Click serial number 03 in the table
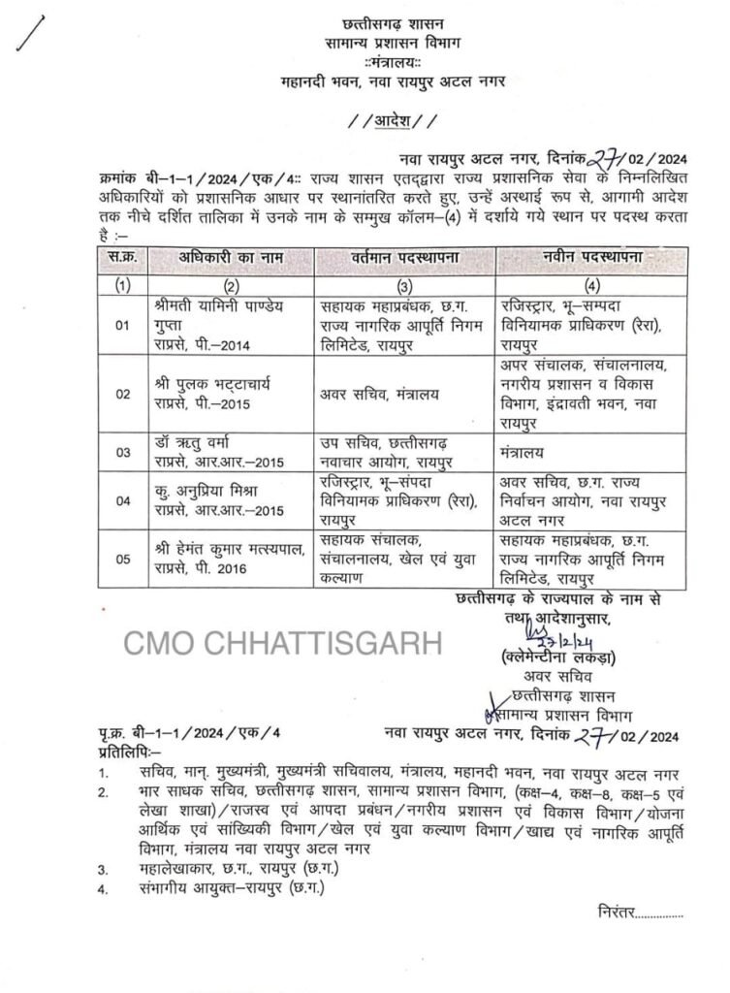(x=122, y=452)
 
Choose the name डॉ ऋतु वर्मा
(x=195, y=441)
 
